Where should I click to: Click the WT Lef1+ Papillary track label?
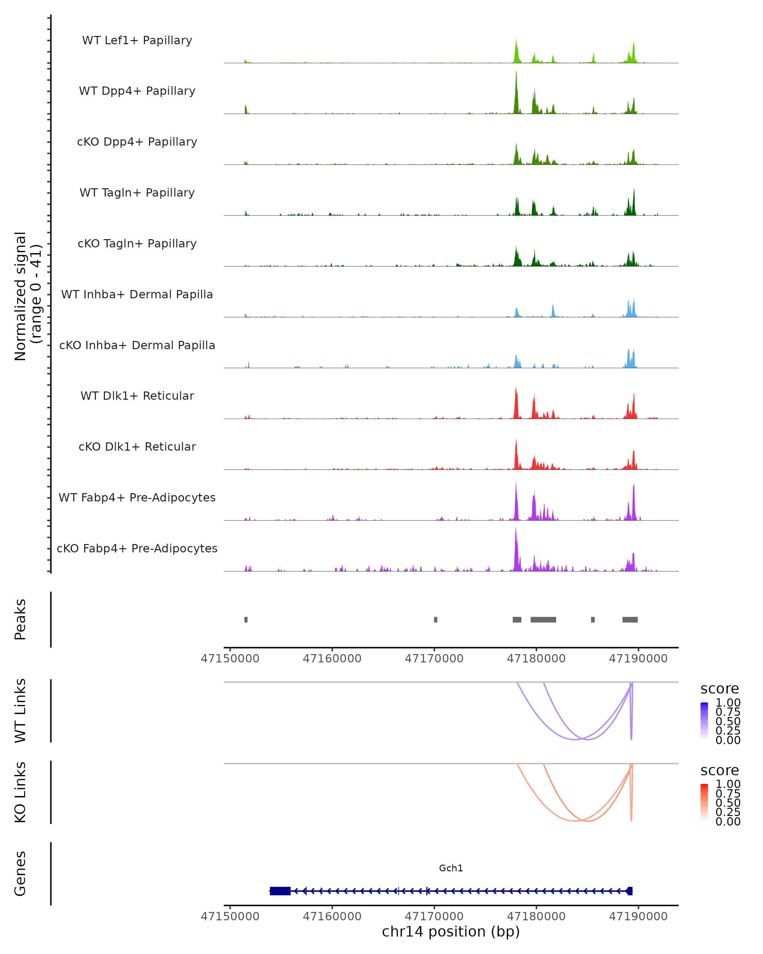[x=137, y=40]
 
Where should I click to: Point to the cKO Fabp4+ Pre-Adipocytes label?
[x=137, y=548]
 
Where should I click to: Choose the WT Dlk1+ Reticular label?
[x=137, y=396]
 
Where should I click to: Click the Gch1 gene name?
[x=451, y=868]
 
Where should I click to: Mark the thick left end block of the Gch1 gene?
[x=280, y=891]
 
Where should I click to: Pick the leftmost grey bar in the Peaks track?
[x=246, y=619]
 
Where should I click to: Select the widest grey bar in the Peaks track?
[x=543, y=619]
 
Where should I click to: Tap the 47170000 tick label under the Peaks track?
[x=434, y=659]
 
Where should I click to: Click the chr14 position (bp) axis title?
[x=451, y=932]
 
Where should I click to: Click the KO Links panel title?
[x=20, y=792]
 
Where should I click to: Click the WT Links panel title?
[x=20, y=711]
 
